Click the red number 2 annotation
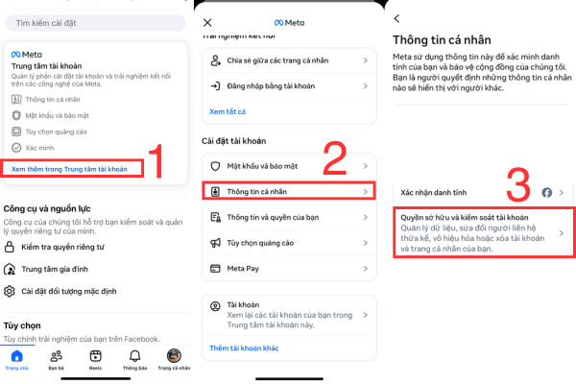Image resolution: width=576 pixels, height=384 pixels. (x=333, y=160)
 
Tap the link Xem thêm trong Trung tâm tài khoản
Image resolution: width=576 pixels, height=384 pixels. (x=68, y=168)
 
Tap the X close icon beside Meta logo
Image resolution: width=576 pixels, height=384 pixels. (x=208, y=21)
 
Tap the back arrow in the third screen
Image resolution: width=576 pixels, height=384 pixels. (x=397, y=18)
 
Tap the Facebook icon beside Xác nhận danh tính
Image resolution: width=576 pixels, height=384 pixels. (x=544, y=192)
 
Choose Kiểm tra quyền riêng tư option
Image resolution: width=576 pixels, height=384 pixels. (x=61, y=248)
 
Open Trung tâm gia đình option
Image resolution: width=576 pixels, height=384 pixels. (x=57, y=269)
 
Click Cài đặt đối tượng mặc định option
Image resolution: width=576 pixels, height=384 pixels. (x=72, y=291)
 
